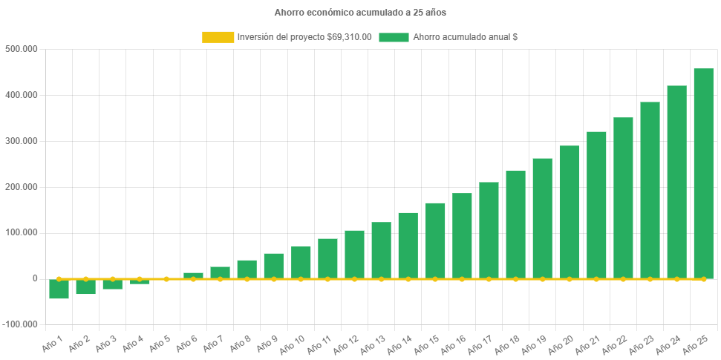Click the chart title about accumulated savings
pyautogui.click(x=360, y=13)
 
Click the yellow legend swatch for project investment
pyautogui.click(x=217, y=37)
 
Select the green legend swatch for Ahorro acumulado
pyautogui.click(x=394, y=37)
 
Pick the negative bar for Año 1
pyautogui.click(x=59, y=289)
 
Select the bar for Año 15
pyautogui.click(x=435, y=240)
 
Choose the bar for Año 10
pyautogui.click(x=301, y=262)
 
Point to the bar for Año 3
pyautogui.click(x=113, y=284)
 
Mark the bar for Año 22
pyautogui.click(x=623, y=197)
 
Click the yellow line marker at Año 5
pyautogui.click(x=166, y=279)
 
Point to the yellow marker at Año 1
pyautogui.click(x=59, y=279)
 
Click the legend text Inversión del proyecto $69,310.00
pyautogui.click(x=304, y=37)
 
